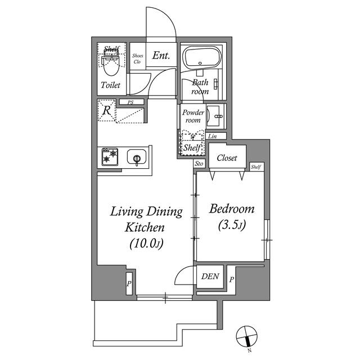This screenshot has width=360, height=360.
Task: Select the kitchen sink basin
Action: pos(137,157)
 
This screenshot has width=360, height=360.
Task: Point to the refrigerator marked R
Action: pos(106,110)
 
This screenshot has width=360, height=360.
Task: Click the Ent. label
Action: pos(160,56)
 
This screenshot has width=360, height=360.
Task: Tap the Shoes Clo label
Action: pos(138,58)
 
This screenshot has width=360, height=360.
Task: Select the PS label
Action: pos(130,102)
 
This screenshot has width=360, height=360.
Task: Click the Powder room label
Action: pos(192,116)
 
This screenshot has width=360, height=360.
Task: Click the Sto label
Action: pos(199,164)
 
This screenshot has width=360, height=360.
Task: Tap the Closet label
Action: pos(227,158)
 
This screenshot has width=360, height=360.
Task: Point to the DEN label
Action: pos(211,277)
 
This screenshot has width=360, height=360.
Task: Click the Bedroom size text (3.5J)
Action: pos(232,226)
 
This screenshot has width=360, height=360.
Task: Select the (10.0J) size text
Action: pos(146,244)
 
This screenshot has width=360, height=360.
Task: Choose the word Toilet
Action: pos(110,85)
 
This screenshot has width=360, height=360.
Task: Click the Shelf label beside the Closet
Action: pos(256,167)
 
